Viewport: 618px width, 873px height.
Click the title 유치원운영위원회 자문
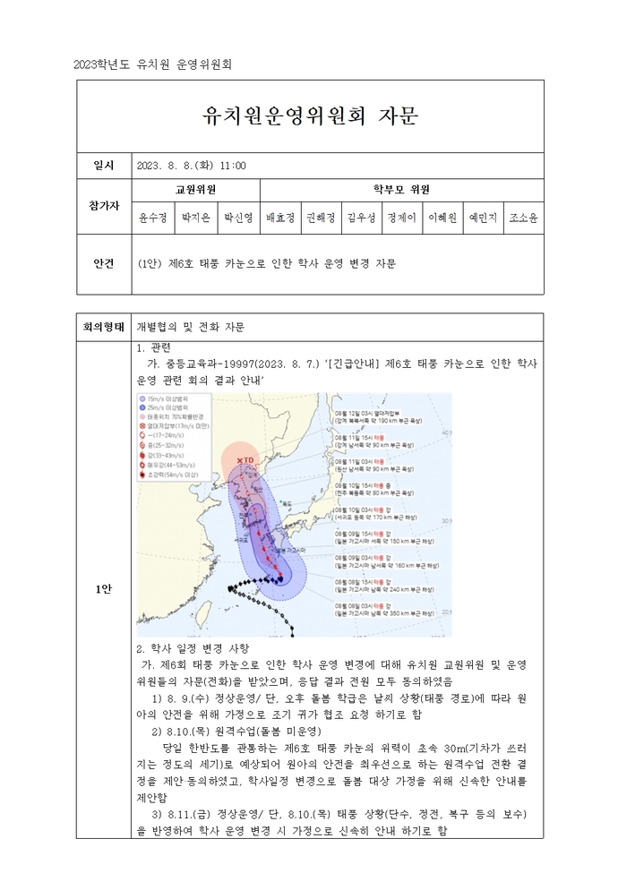pos(310,116)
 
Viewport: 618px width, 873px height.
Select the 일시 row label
pos(104,166)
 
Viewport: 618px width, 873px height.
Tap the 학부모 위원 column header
pos(401,190)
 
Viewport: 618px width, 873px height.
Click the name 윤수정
pos(152,218)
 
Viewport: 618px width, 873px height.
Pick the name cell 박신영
pos(238,218)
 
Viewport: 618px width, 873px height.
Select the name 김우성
pos(361,218)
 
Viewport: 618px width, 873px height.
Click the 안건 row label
pos(104,263)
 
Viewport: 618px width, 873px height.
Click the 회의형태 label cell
pos(104,327)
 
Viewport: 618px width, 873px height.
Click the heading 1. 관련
pos(153,347)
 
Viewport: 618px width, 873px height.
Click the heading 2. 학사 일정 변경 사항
pos(192,647)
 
